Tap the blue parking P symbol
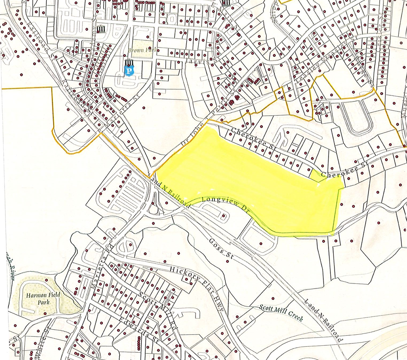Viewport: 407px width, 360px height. point(130,71)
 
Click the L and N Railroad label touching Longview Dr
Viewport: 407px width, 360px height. point(170,193)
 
